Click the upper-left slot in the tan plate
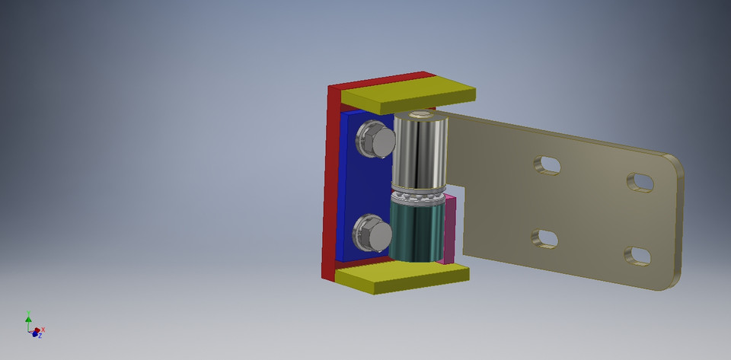pos(546,164)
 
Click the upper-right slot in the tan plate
pos(641,182)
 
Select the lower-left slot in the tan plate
pos(545,238)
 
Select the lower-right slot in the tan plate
pos(639,256)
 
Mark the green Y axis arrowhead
pos(28,314)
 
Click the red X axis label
pos(43,330)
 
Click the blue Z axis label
pos(39,336)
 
